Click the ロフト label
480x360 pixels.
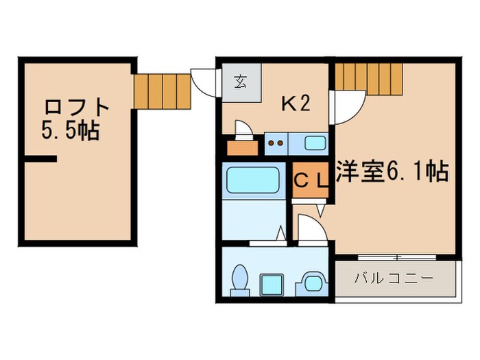pos(77,108)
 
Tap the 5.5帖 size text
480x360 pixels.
pos(70,130)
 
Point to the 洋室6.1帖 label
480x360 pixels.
pos(392,171)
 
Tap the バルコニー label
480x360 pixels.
pos(394,280)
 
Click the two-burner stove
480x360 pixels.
pos(274,144)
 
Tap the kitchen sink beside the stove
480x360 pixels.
pos(315,144)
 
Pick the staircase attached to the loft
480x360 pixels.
pos(162,91)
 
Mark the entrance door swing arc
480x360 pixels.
pos(203,82)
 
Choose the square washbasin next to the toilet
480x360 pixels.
pos(274,283)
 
